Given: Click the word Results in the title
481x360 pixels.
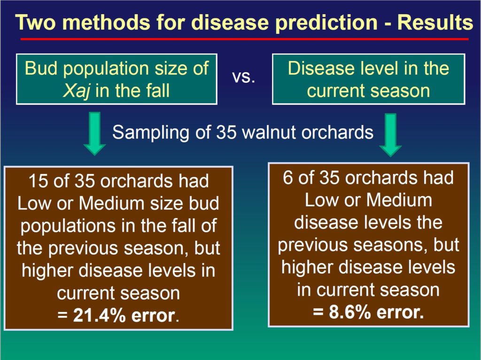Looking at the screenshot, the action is tap(435, 23).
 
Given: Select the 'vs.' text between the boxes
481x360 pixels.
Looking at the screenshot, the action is tap(244, 78).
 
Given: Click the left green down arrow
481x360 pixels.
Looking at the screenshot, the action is tap(94, 134).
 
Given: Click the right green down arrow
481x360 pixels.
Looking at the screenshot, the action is tap(390, 135).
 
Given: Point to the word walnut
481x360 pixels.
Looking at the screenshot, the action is tap(269, 133).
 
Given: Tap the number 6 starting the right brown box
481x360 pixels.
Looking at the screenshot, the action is tap(288, 178).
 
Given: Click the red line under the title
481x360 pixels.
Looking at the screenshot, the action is tap(244, 39).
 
